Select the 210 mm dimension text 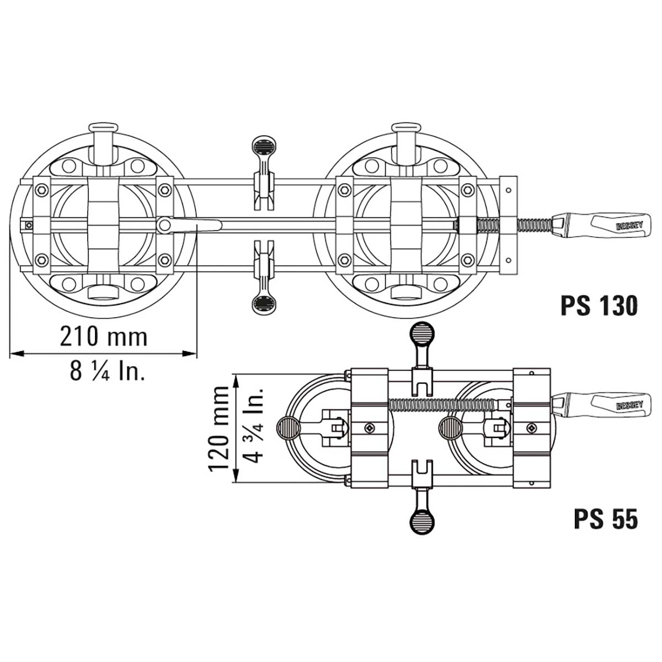click(104, 337)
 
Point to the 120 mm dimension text click(219, 429)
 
